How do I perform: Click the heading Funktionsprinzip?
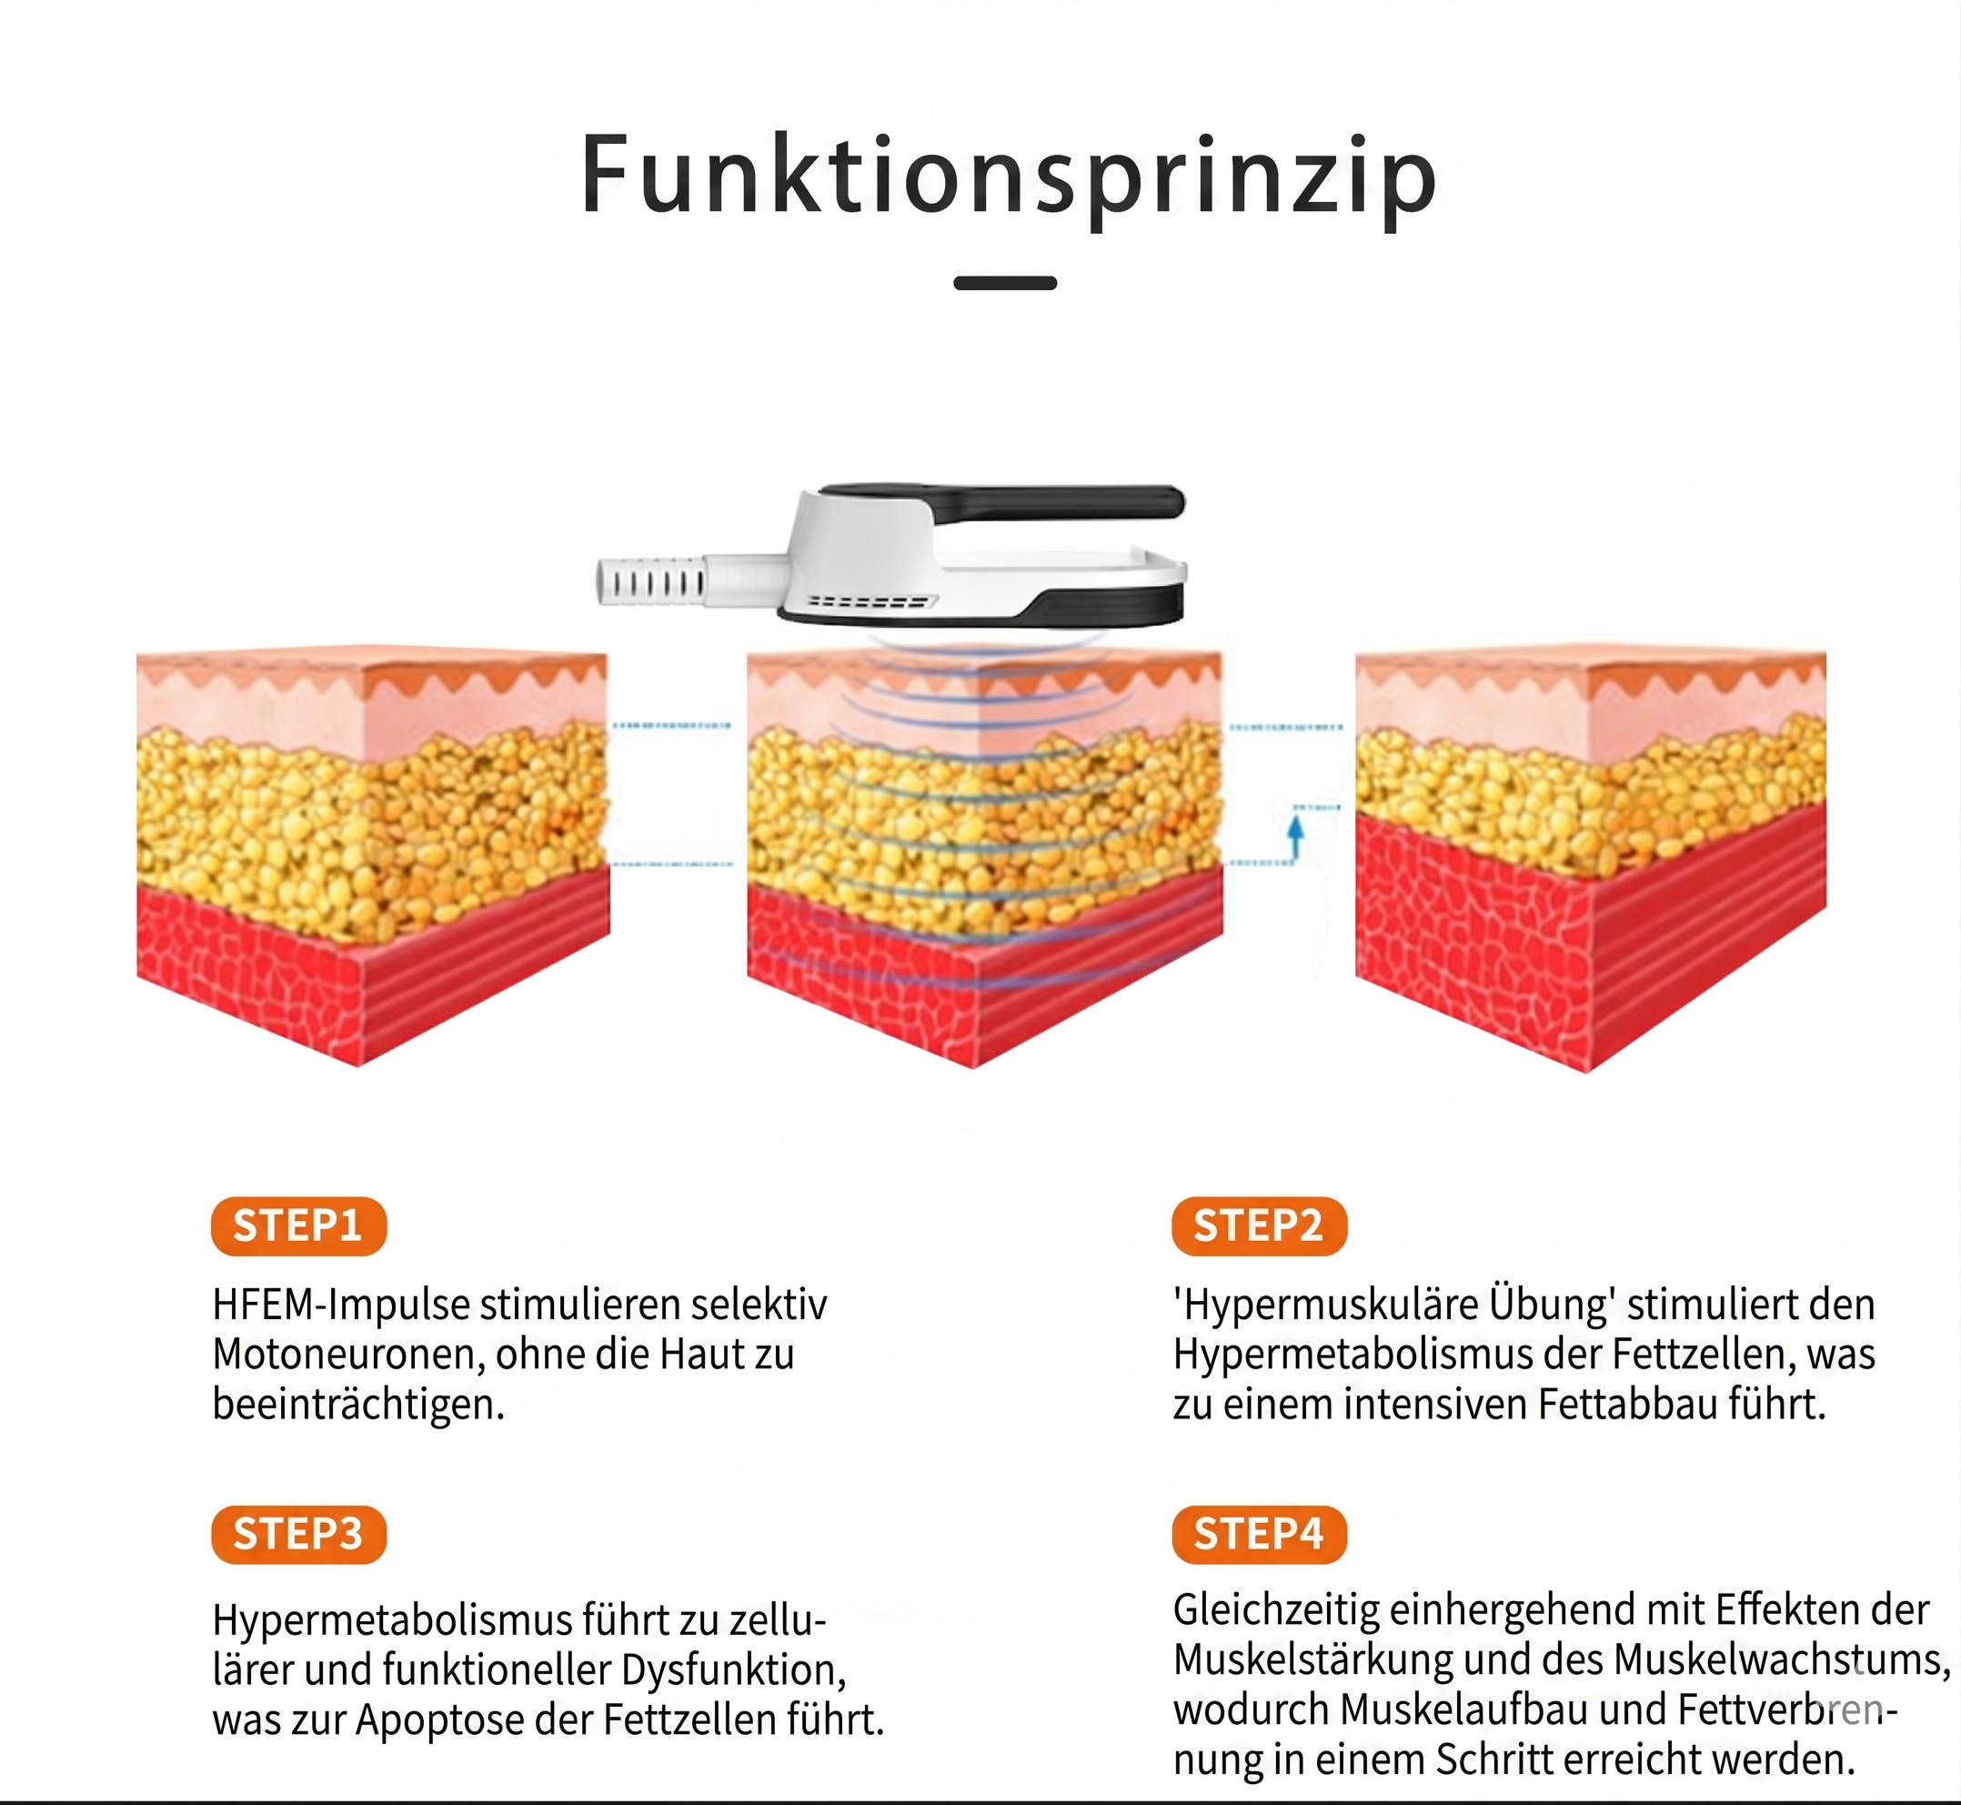pyautogui.click(x=1009, y=176)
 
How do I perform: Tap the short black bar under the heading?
pyautogui.click(x=1005, y=283)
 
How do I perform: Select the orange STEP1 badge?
pyautogui.click(x=297, y=1225)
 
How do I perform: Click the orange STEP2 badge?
pyautogui.click(x=1259, y=1225)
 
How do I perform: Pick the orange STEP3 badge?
pyautogui.click(x=297, y=1535)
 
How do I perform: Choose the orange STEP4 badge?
pyautogui.click(x=1259, y=1535)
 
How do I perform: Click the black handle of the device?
pyautogui.click(x=1006, y=499)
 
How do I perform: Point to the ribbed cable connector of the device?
pyautogui.click(x=651, y=582)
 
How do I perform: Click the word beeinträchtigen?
pyautogui.click(x=358, y=1406)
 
